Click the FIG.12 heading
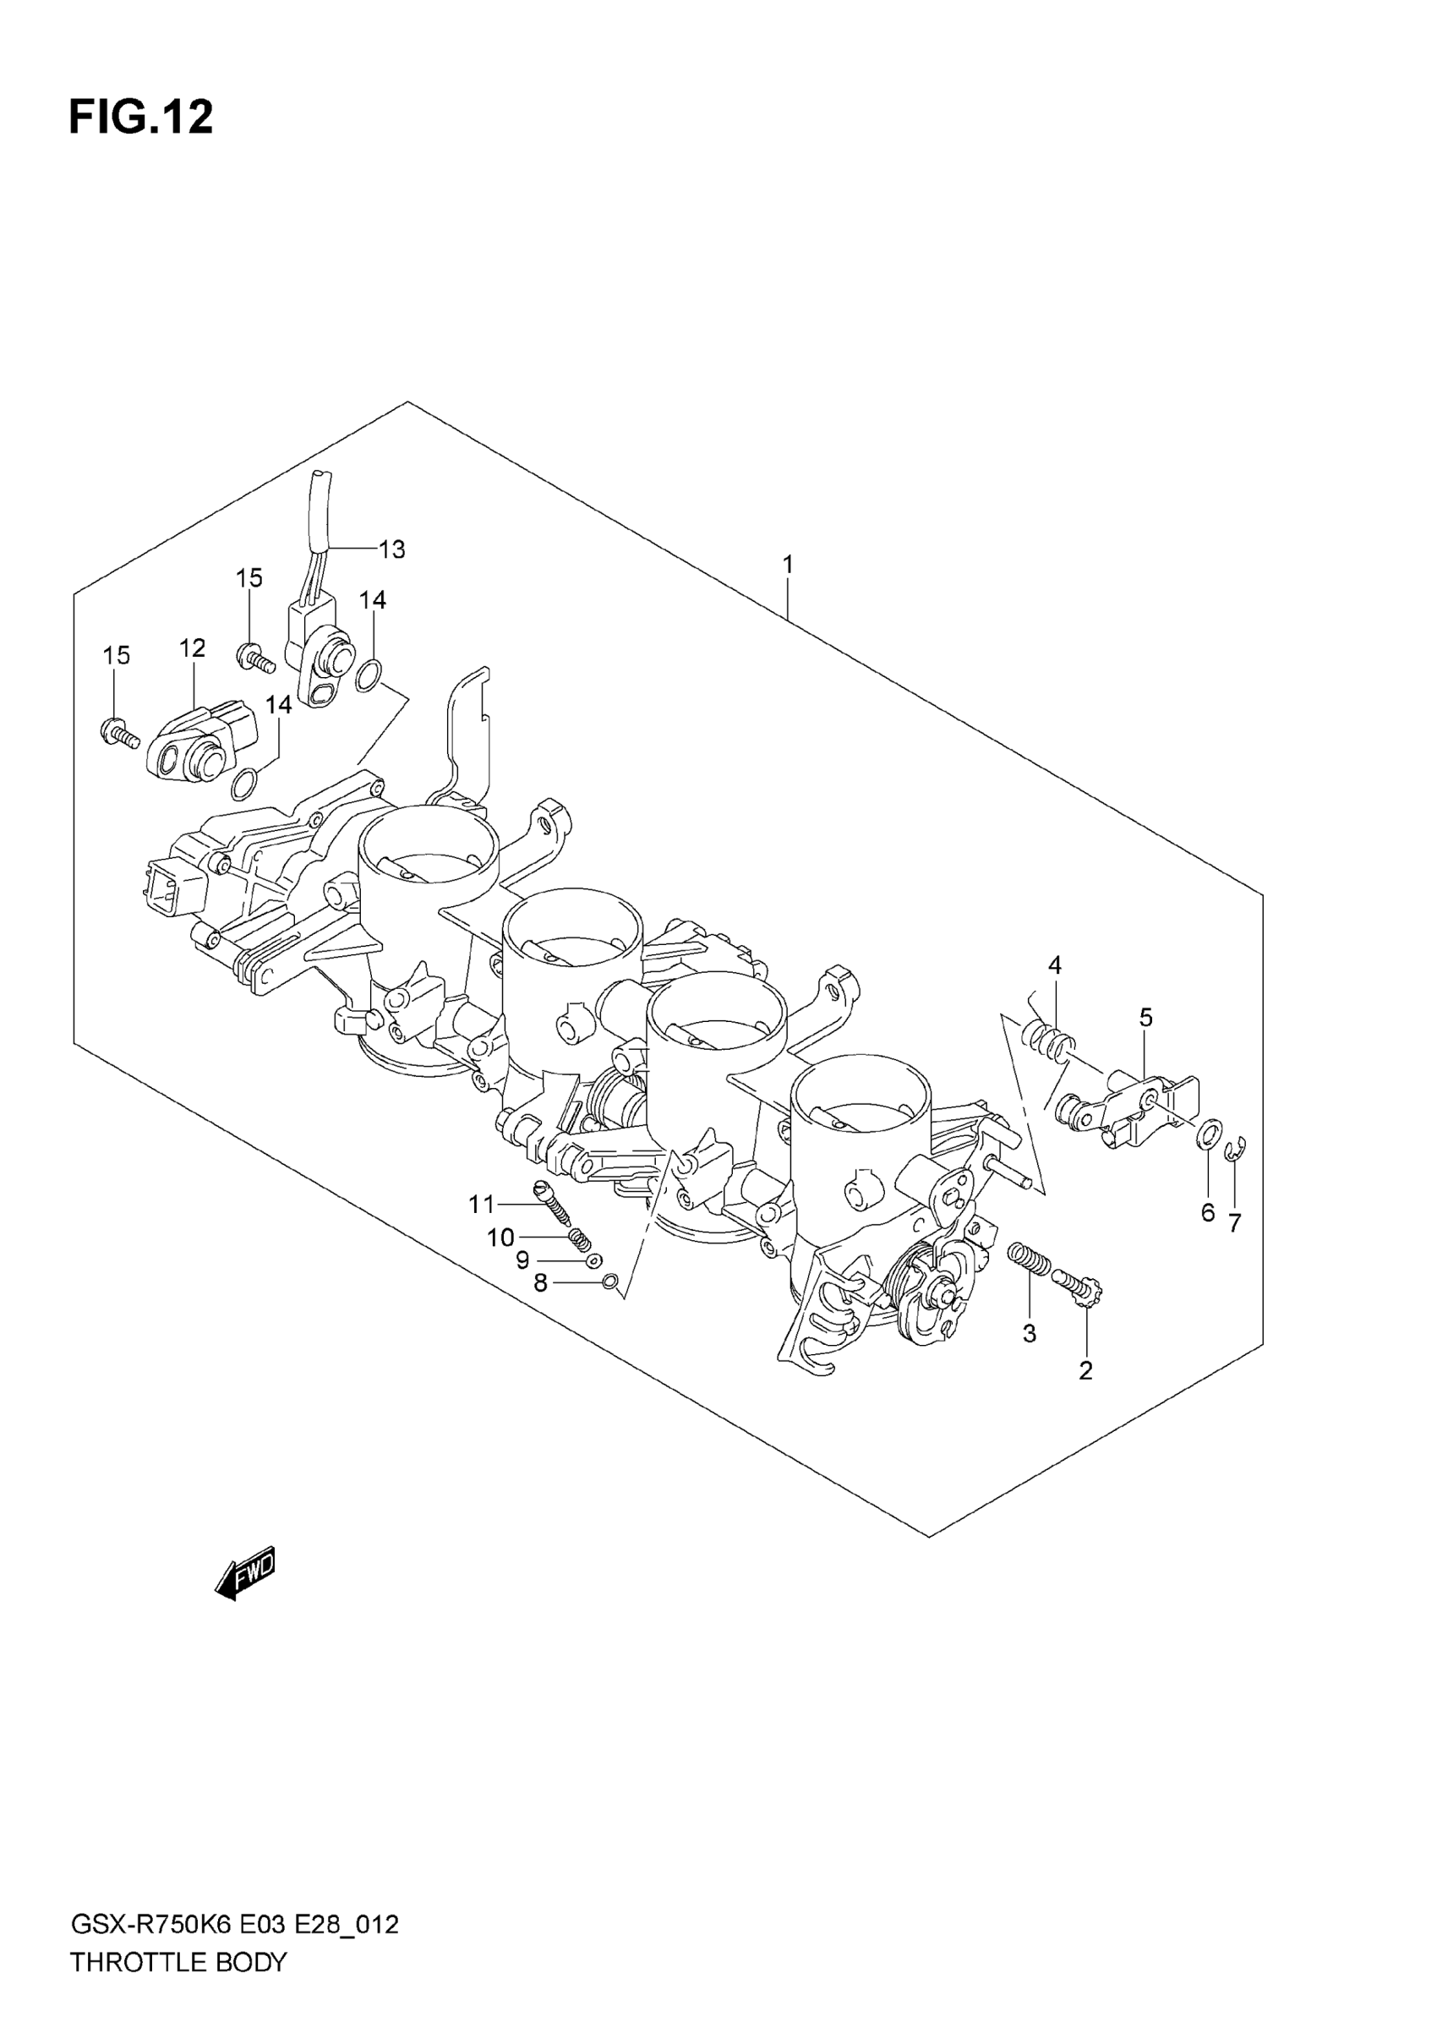pyautogui.click(x=141, y=117)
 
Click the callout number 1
pyautogui.click(x=787, y=564)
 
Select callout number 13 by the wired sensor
pyautogui.click(x=391, y=549)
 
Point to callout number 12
pyautogui.click(x=192, y=648)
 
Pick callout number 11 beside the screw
pyautogui.click(x=482, y=1205)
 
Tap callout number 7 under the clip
pyautogui.click(x=1234, y=1223)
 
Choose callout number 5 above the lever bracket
pyautogui.click(x=1145, y=1019)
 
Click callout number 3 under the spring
pyautogui.click(x=1029, y=1333)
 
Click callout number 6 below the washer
pyautogui.click(x=1208, y=1213)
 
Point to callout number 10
pyautogui.click(x=500, y=1237)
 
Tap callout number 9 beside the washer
pyautogui.click(x=522, y=1260)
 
